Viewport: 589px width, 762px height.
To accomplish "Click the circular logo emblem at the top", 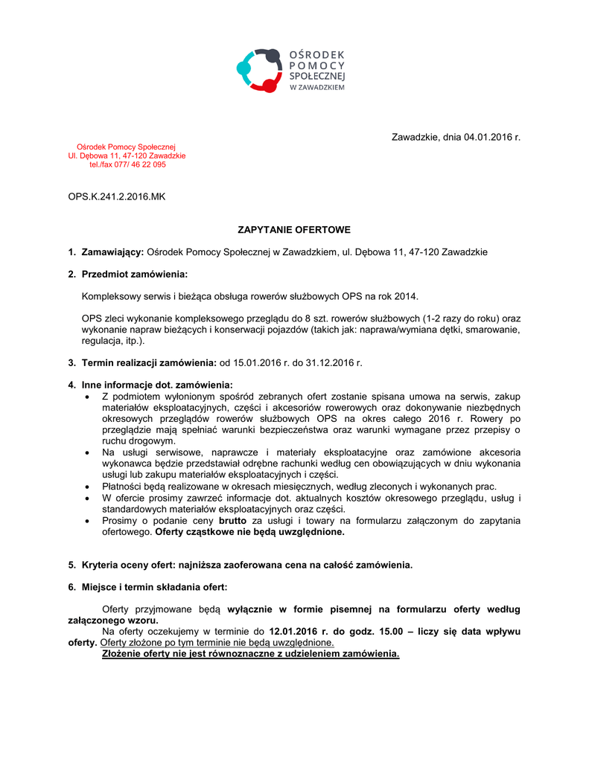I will [258, 70].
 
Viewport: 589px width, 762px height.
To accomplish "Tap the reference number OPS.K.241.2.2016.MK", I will [117, 196].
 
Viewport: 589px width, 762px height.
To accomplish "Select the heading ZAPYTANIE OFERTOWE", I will [294, 230].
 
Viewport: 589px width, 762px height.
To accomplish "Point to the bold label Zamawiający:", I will [112, 252].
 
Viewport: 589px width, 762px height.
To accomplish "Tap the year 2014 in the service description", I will [406, 296].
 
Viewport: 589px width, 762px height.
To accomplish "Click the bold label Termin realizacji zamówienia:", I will [149, 362].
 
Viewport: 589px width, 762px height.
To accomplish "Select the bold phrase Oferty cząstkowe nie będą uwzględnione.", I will [249, 532].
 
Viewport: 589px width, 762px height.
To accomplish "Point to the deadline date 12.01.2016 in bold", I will [295, 631].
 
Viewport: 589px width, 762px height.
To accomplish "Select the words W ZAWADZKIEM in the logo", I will [316, 87].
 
